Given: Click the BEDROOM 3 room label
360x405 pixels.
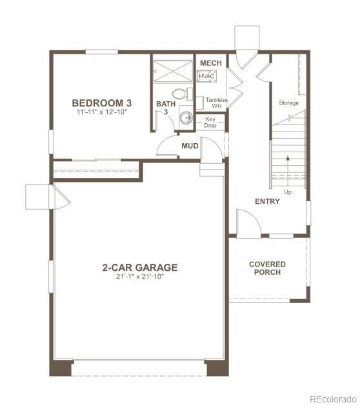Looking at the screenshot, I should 102,103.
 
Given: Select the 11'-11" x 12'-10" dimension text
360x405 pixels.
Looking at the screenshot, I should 102,112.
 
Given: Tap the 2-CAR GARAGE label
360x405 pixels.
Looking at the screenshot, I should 139,267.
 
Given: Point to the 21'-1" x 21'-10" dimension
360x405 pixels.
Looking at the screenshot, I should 139,277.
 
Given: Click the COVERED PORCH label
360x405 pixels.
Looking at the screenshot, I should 267,268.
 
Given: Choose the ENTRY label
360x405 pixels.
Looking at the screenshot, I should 267,201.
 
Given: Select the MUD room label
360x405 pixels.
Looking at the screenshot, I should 190,146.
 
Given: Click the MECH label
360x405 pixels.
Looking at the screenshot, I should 210,63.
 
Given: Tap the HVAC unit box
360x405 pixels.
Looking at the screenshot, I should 206,76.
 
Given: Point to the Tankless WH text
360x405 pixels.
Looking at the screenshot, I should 217,103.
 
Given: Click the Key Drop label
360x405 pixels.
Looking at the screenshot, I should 210,122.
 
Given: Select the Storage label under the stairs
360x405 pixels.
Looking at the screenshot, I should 288,103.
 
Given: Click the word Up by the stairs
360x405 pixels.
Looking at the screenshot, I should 287,192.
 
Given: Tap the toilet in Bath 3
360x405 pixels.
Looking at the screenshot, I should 185,95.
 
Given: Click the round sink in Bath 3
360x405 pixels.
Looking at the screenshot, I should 186,117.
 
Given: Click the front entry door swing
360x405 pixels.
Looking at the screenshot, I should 247,223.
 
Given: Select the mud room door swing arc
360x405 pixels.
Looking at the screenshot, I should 168,145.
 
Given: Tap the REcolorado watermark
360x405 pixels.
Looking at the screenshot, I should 332,398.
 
